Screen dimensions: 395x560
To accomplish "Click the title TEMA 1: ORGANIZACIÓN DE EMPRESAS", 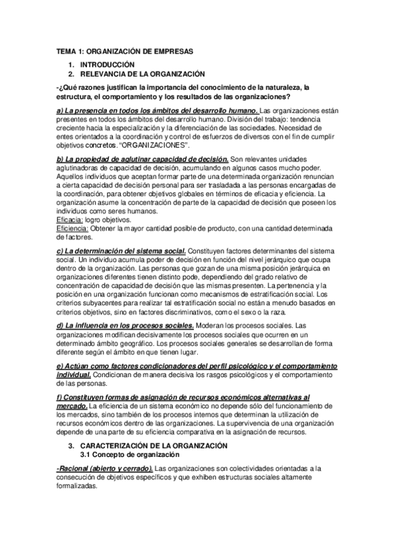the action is click(x=124, y=51).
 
